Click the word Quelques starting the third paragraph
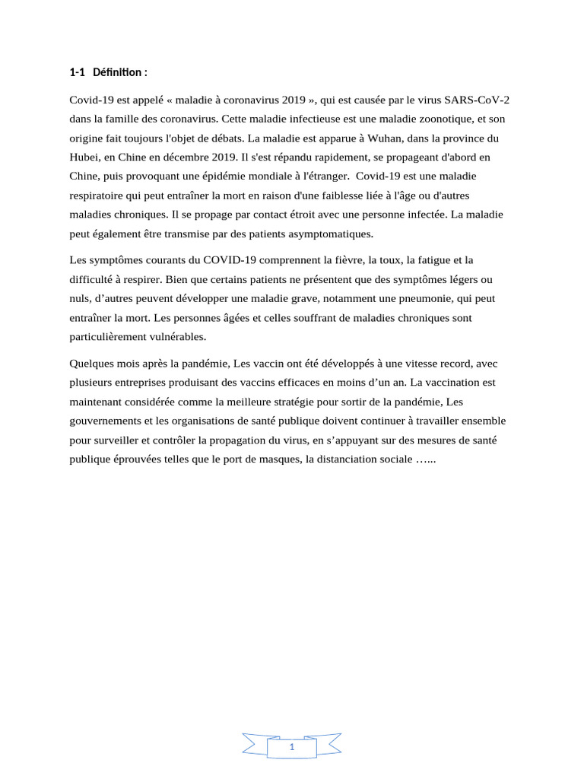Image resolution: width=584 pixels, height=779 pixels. tap(91, 364)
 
